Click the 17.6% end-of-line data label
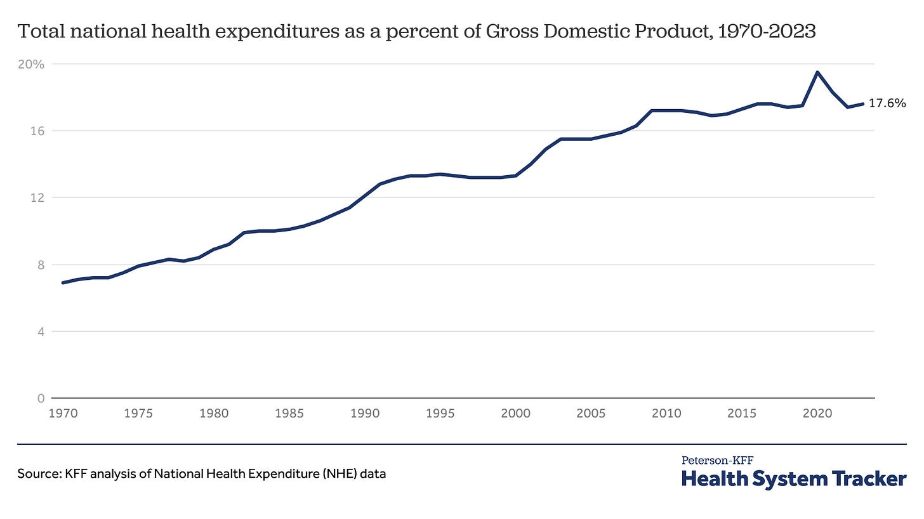coord(887,103)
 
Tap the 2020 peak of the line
coord(817,72)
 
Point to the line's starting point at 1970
coord(63,282)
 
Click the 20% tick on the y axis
coord(31,64)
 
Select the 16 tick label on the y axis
coord(37,131)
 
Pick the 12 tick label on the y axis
coord(37,197)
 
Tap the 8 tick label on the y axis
coord(41,265)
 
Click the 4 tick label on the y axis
coord(41,331)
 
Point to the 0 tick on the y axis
coord(41,398)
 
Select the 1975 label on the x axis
coord(138,414)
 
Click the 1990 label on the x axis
coord(365,414)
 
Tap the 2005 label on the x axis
coord(591,414)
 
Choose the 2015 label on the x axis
coord(742,414)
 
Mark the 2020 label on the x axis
coord(817,414)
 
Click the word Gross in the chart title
coord(512,31)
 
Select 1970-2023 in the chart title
coord(767,31)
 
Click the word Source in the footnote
coord(39,473)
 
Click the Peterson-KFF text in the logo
coord(717,461)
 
